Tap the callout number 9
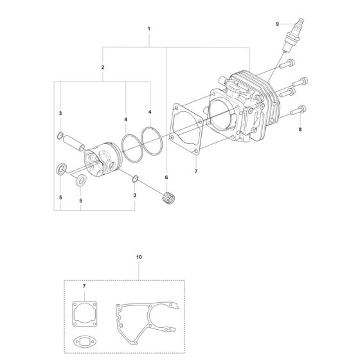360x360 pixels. coord(277,24)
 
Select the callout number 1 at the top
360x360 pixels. coord(148,29)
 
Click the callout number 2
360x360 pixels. coord(103,67)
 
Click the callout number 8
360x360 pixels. coord(300,129)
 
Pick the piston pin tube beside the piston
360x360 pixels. coord(73,143)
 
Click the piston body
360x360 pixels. coord(102,159)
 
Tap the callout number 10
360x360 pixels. coord(139,257)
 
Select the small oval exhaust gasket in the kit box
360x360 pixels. coord(85,342)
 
